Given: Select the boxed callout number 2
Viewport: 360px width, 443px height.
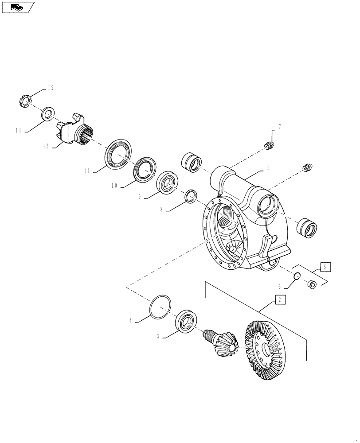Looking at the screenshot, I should point(280,300).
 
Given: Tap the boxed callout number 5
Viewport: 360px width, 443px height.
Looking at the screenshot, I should point(325,267).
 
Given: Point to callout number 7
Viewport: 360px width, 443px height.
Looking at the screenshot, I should point(279,127).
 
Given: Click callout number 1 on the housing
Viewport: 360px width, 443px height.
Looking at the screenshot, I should point(268,168).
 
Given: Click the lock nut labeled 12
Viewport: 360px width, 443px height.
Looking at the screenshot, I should point(26,101).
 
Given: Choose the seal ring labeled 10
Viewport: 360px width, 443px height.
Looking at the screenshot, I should point(144,168).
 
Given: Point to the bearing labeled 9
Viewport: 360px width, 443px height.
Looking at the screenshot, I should point(168,183).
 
